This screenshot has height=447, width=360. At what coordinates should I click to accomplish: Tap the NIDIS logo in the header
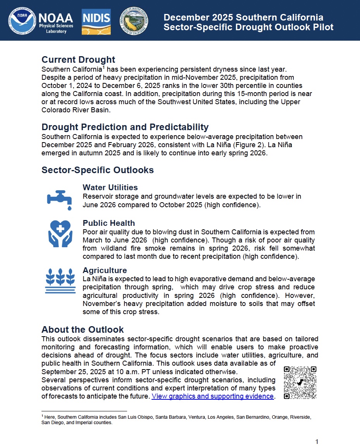point(96,22)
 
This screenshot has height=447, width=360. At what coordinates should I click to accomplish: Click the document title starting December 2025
point(248,22)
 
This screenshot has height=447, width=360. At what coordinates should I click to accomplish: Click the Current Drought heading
point(78,60)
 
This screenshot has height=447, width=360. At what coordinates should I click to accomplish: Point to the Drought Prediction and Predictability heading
point(125,127)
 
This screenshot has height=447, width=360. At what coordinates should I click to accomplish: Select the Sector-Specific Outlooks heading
point(97,170)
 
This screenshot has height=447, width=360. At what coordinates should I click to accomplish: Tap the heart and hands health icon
point(60,234)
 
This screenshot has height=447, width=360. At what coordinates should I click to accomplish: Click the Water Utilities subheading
point(110,188)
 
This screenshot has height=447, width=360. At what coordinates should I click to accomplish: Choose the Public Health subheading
point(109,223)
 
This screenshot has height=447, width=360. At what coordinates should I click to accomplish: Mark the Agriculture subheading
point(105,270)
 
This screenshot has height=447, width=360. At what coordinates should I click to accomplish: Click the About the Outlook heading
point(83,330)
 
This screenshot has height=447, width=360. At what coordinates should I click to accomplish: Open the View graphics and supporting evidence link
point(213,396)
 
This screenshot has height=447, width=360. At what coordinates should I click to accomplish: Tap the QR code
point(300,383)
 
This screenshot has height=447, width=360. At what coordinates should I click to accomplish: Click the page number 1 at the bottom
point(317,442)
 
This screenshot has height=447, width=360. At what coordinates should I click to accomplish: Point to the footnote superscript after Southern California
point(105,67)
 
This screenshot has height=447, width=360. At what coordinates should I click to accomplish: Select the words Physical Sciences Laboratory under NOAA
point(56,29)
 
